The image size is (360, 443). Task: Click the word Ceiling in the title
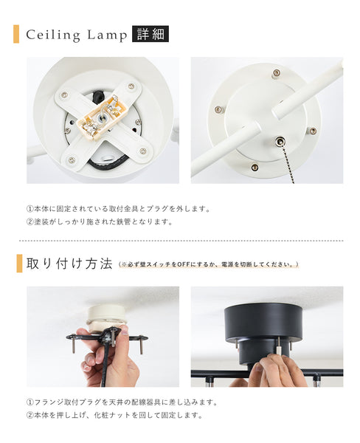click(52, 35)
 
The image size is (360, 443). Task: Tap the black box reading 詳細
click(150, 34)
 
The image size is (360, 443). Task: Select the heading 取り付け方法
click(69, 264)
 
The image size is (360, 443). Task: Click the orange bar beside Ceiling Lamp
click(16, 34)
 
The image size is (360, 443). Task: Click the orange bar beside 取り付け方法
click(19, 264)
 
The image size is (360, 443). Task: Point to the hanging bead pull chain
click(287, 162)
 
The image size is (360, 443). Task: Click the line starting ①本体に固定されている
click(118, 208)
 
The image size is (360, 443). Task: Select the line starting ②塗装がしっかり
click(100, 221)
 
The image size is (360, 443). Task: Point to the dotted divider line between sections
click(180, 241)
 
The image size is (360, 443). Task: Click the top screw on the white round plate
click(276, 73)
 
